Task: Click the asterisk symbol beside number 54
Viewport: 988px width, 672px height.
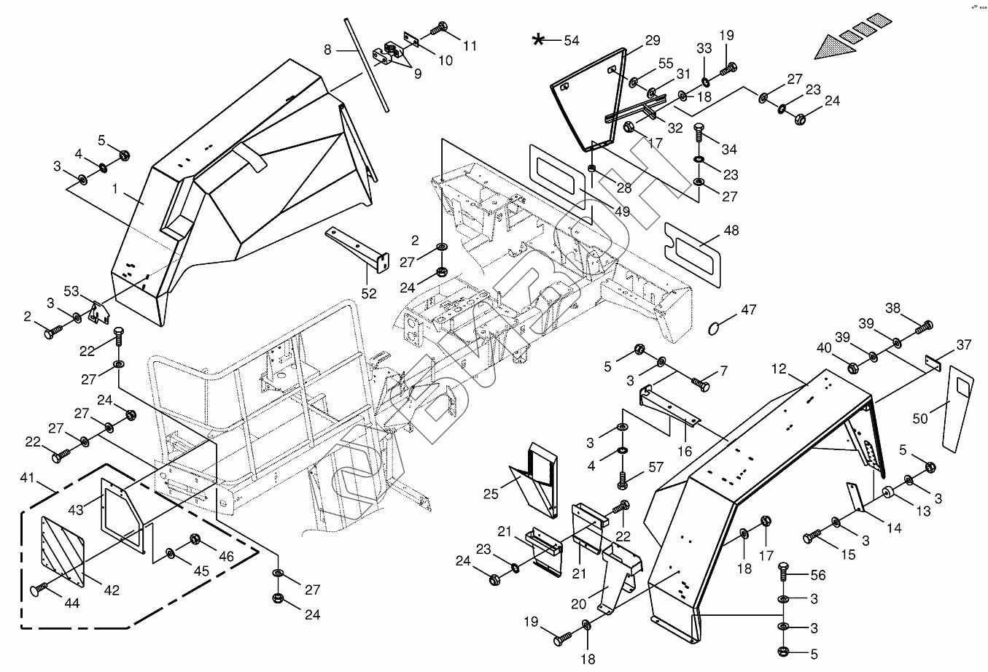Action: click(x=539, y=40)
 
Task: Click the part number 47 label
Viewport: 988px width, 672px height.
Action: click(x=749, y=310)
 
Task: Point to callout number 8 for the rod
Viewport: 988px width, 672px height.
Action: click(x=327, y=50)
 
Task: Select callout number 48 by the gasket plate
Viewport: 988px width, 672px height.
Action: click(x=731, y=231)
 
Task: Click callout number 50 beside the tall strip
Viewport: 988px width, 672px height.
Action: click(x=920, y=418)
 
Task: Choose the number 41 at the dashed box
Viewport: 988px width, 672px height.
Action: click(x=28, y=478)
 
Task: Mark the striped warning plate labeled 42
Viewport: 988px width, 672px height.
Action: click(x=64, y=550)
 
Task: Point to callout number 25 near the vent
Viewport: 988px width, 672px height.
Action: click(x=491, y=494)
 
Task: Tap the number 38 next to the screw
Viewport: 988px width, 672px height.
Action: click(x=893, y=309)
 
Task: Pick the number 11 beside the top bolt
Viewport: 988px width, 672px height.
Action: click(x=470, y=45)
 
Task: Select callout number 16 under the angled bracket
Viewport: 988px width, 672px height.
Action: click(x=685, y=452)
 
